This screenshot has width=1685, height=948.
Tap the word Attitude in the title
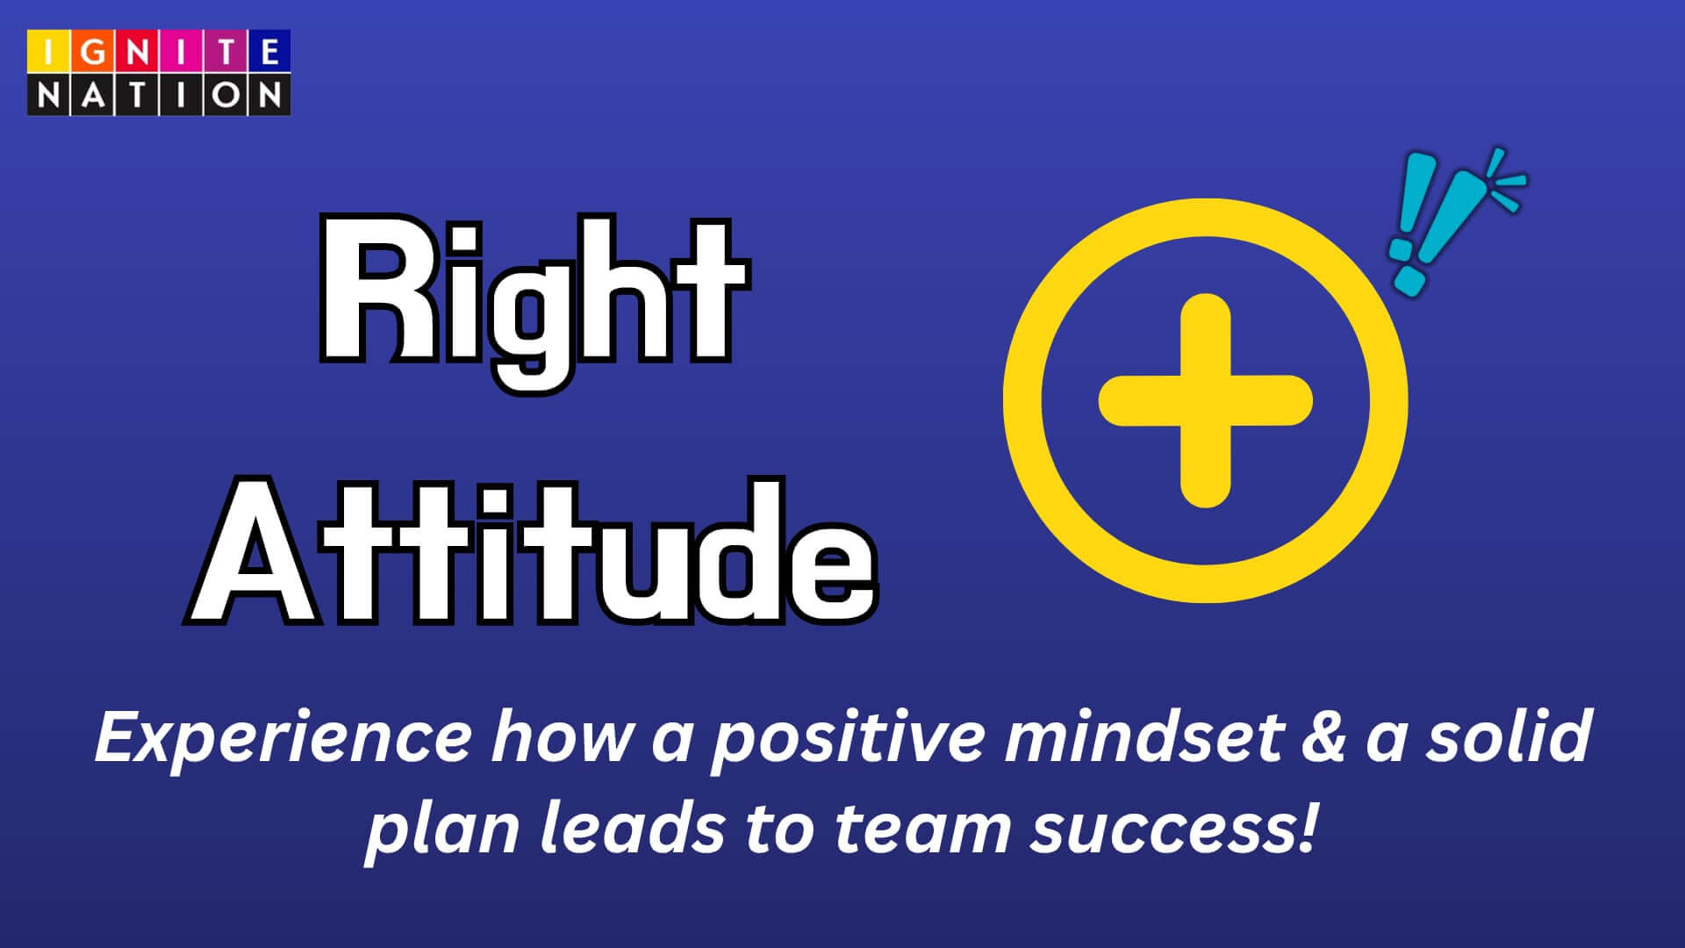[531, 551]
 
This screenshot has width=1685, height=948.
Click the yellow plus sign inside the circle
[1206, 400]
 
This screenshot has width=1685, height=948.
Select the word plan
[442, 830]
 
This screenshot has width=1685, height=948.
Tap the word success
[1164, 830]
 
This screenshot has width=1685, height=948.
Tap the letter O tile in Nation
[226, 95]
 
